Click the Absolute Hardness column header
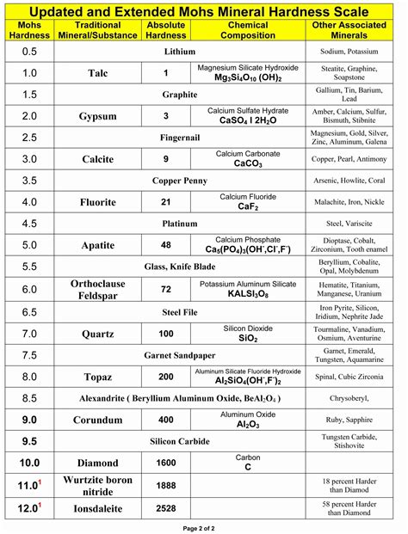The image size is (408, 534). [166, 31]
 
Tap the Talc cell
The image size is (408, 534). [98, 73]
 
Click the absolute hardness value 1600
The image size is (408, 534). [166, 463]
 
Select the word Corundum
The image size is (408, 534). [98, 420]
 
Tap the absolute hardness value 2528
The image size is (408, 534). [166, 508]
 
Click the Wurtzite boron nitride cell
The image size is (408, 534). [98, 486]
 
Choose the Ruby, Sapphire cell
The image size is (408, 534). [356, 420]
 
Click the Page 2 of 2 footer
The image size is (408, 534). [204, 526]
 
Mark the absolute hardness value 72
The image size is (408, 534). [166, 290]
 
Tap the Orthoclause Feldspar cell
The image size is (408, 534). [98, 290]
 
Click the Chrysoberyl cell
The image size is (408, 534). [356, 398]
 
